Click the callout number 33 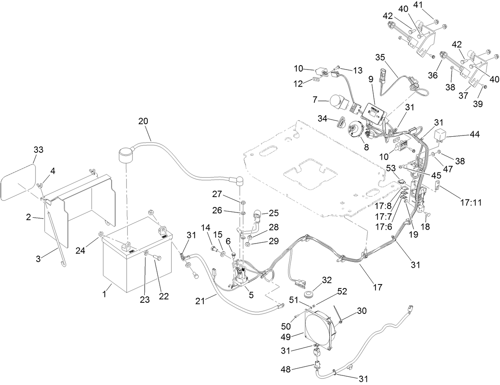click(38, 149)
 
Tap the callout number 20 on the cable click(144, 121)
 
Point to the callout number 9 click(371, 79)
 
